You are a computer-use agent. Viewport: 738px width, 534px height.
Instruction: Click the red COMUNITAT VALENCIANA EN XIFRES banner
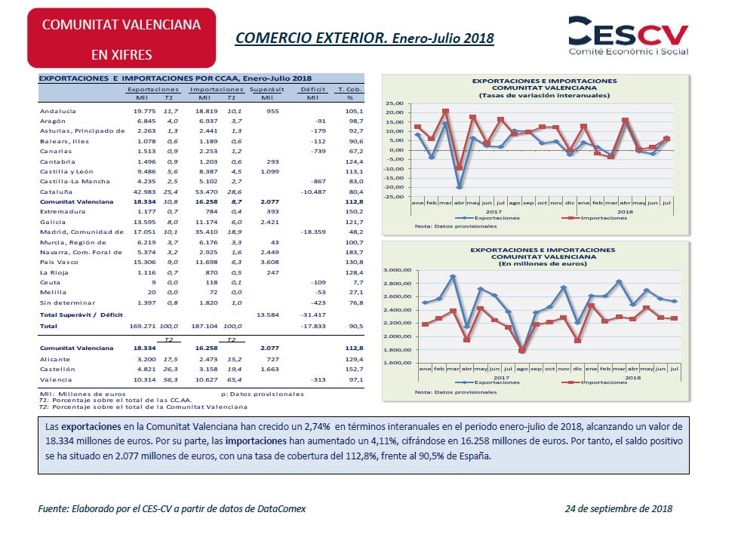pyautogui.click(x=121, y=38)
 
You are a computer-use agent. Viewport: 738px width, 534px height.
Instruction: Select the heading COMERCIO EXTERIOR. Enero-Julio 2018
pyautogui.click(x=364, y=37)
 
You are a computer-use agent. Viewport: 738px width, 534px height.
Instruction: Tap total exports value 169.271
pyautogui.click(x=141, y=326)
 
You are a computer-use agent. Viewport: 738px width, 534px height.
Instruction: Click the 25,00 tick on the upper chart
pyautogui.click(x=395, y=103)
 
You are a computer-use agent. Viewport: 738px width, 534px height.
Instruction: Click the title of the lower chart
pyautogui.click(x=543, y=256)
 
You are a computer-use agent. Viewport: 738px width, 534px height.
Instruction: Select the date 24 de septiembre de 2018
pyautogui.click(x=619, y=508)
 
